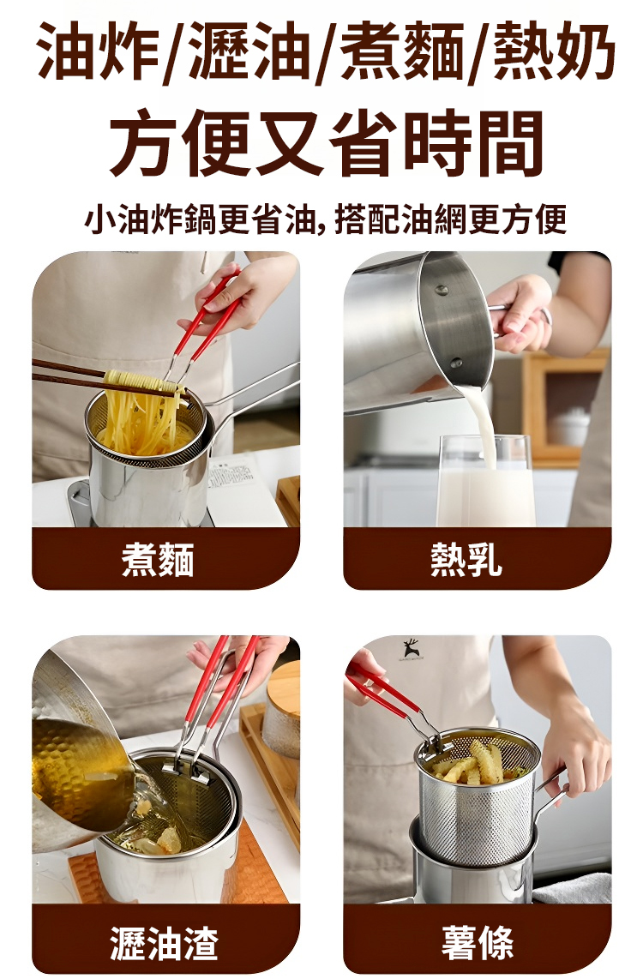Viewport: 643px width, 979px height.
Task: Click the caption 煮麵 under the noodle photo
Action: click(158, 559)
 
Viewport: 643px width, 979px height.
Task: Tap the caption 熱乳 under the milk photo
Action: click(466, 559)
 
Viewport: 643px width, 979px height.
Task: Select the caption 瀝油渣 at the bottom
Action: click(165, 942)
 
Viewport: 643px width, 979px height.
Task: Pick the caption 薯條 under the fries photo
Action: click(478, 942)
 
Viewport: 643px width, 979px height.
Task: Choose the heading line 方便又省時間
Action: click(326, 143)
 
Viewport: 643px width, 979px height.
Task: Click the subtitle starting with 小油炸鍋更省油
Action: click(326, 219)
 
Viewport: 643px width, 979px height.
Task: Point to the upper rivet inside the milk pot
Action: click(442, 290)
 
